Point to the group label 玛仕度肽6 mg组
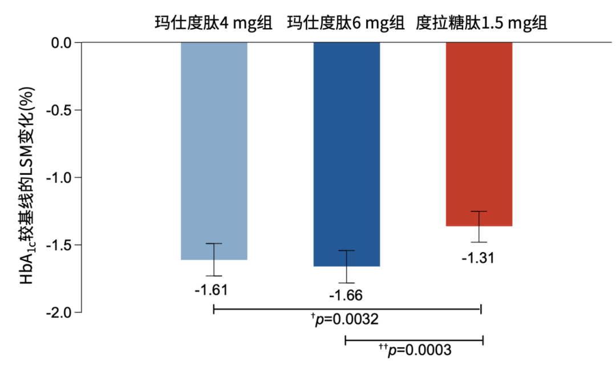point(346,23)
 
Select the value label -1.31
point(479,258)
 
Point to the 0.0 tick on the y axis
point(61,43)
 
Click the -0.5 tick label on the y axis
point(59,110)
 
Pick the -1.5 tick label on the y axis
point(59,245)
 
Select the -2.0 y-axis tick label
point(59,312)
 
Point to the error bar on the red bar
point(479,227)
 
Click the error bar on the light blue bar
point(214,260)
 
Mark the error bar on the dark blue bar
point(346,267)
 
